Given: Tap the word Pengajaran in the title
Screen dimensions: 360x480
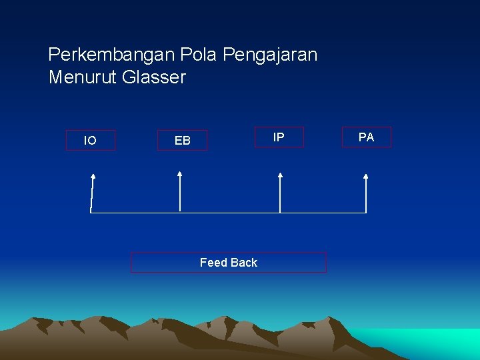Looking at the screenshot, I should (x=270, y=55).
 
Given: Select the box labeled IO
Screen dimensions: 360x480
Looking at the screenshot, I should (x=90, y=140).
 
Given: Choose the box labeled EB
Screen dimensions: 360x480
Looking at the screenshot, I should (x=182, y=140).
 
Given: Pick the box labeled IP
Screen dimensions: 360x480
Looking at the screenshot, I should (x=279, y=137).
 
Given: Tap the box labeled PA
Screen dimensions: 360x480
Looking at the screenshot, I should (x=366, y=137).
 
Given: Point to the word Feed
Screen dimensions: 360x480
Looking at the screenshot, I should (x=213, y=263).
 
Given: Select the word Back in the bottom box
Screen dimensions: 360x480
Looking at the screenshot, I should (x=244, y=263).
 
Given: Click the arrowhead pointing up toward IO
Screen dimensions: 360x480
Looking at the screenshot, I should (x=93, y=177).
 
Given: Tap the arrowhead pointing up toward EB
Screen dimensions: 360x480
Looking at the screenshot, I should (x=179, y=174).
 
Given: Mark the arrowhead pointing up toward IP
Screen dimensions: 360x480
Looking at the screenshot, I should (x=280, y=176).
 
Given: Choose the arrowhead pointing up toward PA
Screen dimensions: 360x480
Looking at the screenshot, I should (x=365, y=177).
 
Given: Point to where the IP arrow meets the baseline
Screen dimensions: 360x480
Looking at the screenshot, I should (x=280, y=213).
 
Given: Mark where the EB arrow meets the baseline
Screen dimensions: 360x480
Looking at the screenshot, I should (x=180, y=212).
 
